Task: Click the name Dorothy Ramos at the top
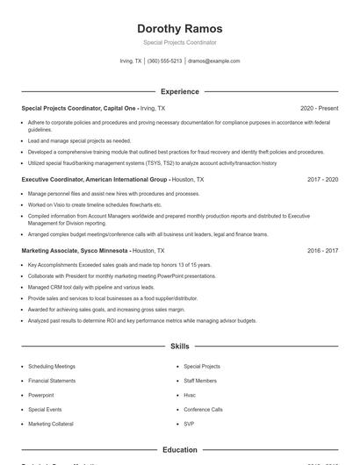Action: coord(180,29)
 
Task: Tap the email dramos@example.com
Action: coord(213,61)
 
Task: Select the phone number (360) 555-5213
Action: coord(164,61)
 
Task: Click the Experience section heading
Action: coord(180,91)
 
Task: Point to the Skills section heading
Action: coord(180,347)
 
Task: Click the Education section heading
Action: coord(180,450)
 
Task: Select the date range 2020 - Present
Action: coord(319,108)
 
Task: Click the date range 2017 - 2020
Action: coord(322,179)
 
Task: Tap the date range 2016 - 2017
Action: coord(322,250)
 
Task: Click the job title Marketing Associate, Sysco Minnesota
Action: coord(74,250)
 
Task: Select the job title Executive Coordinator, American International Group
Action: coord(94,179)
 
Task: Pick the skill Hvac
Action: coord(190,395)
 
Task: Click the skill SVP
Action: coord(189,424)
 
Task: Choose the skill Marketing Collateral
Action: coord(52,424)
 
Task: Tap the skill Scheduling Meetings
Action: coord(52,366)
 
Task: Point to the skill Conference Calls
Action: coord(203,409)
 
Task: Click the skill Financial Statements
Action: coord(52,381)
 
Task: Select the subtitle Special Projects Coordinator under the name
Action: coord(180,42)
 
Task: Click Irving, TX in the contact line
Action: coord(130,61)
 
